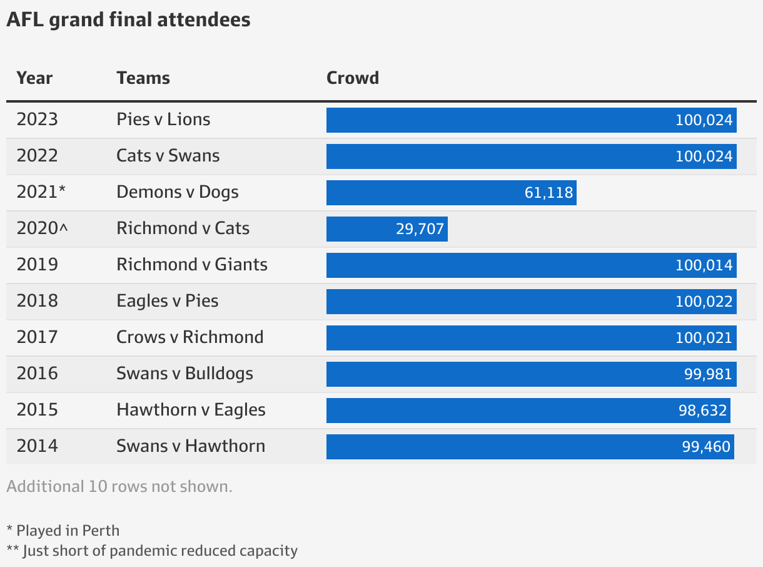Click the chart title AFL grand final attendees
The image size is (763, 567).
(128, 20)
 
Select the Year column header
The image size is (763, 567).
(34, 78)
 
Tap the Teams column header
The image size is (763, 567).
(143, 78)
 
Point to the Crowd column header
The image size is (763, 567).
(353, 78)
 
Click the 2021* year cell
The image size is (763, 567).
(41, 192)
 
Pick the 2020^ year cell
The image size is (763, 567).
(42, 228)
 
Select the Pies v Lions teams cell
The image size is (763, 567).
(163, 120)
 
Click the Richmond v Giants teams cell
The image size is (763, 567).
(192, 265)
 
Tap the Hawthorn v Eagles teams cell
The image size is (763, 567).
(191, 410)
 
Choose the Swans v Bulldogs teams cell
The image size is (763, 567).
(184, 374)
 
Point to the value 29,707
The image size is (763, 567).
(420, 229)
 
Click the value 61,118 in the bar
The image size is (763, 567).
(548, 193)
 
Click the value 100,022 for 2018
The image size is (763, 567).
(704, 302)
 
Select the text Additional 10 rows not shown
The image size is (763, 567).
(119, 487)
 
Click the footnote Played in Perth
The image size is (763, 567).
(63, 531)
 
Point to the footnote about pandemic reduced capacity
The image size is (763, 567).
(152, 551)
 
